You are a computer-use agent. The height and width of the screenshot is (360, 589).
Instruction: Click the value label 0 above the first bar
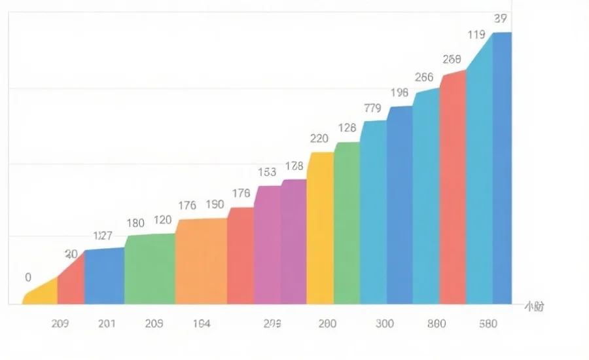28,278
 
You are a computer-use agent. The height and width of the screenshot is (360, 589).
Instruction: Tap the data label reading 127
103,236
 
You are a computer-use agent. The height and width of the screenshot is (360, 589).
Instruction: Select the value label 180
135,223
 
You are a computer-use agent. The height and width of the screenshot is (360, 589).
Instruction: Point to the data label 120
162,220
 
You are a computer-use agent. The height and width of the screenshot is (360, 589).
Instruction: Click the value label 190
215,205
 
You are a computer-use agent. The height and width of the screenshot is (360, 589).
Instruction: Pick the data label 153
267,172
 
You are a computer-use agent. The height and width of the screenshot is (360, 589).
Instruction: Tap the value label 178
294,166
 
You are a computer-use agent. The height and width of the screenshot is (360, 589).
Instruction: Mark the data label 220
319,138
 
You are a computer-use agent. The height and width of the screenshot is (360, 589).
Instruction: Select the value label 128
347,128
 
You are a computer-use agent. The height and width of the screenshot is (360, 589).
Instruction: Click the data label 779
372,108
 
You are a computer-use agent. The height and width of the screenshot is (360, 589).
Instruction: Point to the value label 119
477,35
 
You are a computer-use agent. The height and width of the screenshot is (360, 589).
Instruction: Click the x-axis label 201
107,323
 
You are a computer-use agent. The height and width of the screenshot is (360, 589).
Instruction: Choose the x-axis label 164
202,323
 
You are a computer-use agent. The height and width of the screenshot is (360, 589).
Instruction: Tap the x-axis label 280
327,323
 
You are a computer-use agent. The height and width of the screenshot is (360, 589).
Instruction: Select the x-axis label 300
385,323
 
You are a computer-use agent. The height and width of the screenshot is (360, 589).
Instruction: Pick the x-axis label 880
437,323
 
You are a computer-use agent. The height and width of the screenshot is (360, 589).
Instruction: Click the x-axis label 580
488,323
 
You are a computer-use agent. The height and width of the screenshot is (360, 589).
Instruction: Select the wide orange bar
201,262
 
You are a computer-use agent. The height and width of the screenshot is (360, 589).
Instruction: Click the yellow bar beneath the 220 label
320,229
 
